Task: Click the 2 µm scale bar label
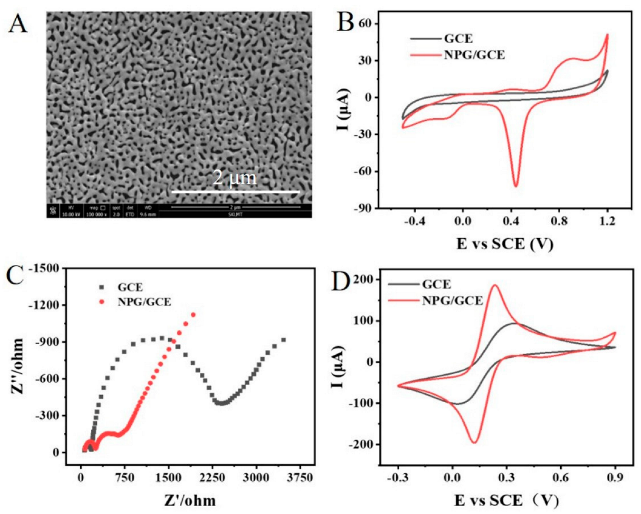235,178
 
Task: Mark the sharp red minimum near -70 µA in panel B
516,186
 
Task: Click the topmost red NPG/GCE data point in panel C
193,315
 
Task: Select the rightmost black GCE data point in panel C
283,340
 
